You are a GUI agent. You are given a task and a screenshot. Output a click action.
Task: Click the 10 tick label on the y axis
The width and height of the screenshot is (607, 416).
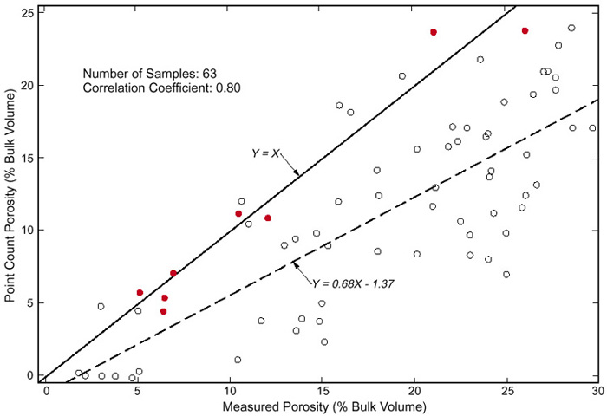(29, 231)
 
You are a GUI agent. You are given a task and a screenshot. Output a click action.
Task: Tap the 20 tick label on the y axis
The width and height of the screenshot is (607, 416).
(29, 86)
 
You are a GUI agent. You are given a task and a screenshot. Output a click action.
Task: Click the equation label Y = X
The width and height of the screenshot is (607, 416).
(265, 153)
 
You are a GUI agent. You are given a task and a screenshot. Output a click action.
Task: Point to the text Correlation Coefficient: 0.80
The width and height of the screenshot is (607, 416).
(162, 88)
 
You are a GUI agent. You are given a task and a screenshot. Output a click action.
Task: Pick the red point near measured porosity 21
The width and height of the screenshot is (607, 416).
(434, 32)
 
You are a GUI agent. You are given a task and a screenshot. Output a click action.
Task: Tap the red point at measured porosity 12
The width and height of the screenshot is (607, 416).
(268, 218)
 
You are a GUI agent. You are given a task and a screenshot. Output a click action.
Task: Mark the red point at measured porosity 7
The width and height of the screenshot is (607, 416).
(173, 273)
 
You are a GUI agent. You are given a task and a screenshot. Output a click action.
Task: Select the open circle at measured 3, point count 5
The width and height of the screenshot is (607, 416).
(101, 306)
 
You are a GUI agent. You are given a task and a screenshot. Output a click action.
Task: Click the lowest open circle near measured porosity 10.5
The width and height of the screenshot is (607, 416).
(238, 360)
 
